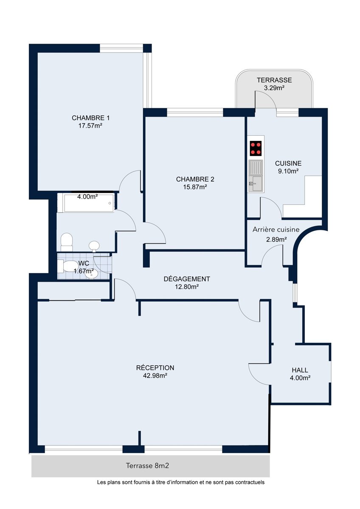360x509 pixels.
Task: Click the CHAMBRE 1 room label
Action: coord(90,118)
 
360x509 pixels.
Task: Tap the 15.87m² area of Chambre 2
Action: coord(195,187)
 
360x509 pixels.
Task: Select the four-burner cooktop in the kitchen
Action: coord(256,148)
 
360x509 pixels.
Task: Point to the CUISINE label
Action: coord(288,163)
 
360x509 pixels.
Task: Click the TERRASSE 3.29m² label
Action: coord(274,84)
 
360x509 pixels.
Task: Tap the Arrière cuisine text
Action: coord(276,230)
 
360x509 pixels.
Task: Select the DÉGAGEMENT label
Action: coord(187,279)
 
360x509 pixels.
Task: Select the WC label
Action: coord(84,263)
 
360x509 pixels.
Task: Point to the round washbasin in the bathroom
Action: coord(94,246)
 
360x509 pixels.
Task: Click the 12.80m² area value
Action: coord(187,287)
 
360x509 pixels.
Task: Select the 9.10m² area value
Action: coord(288,171)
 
